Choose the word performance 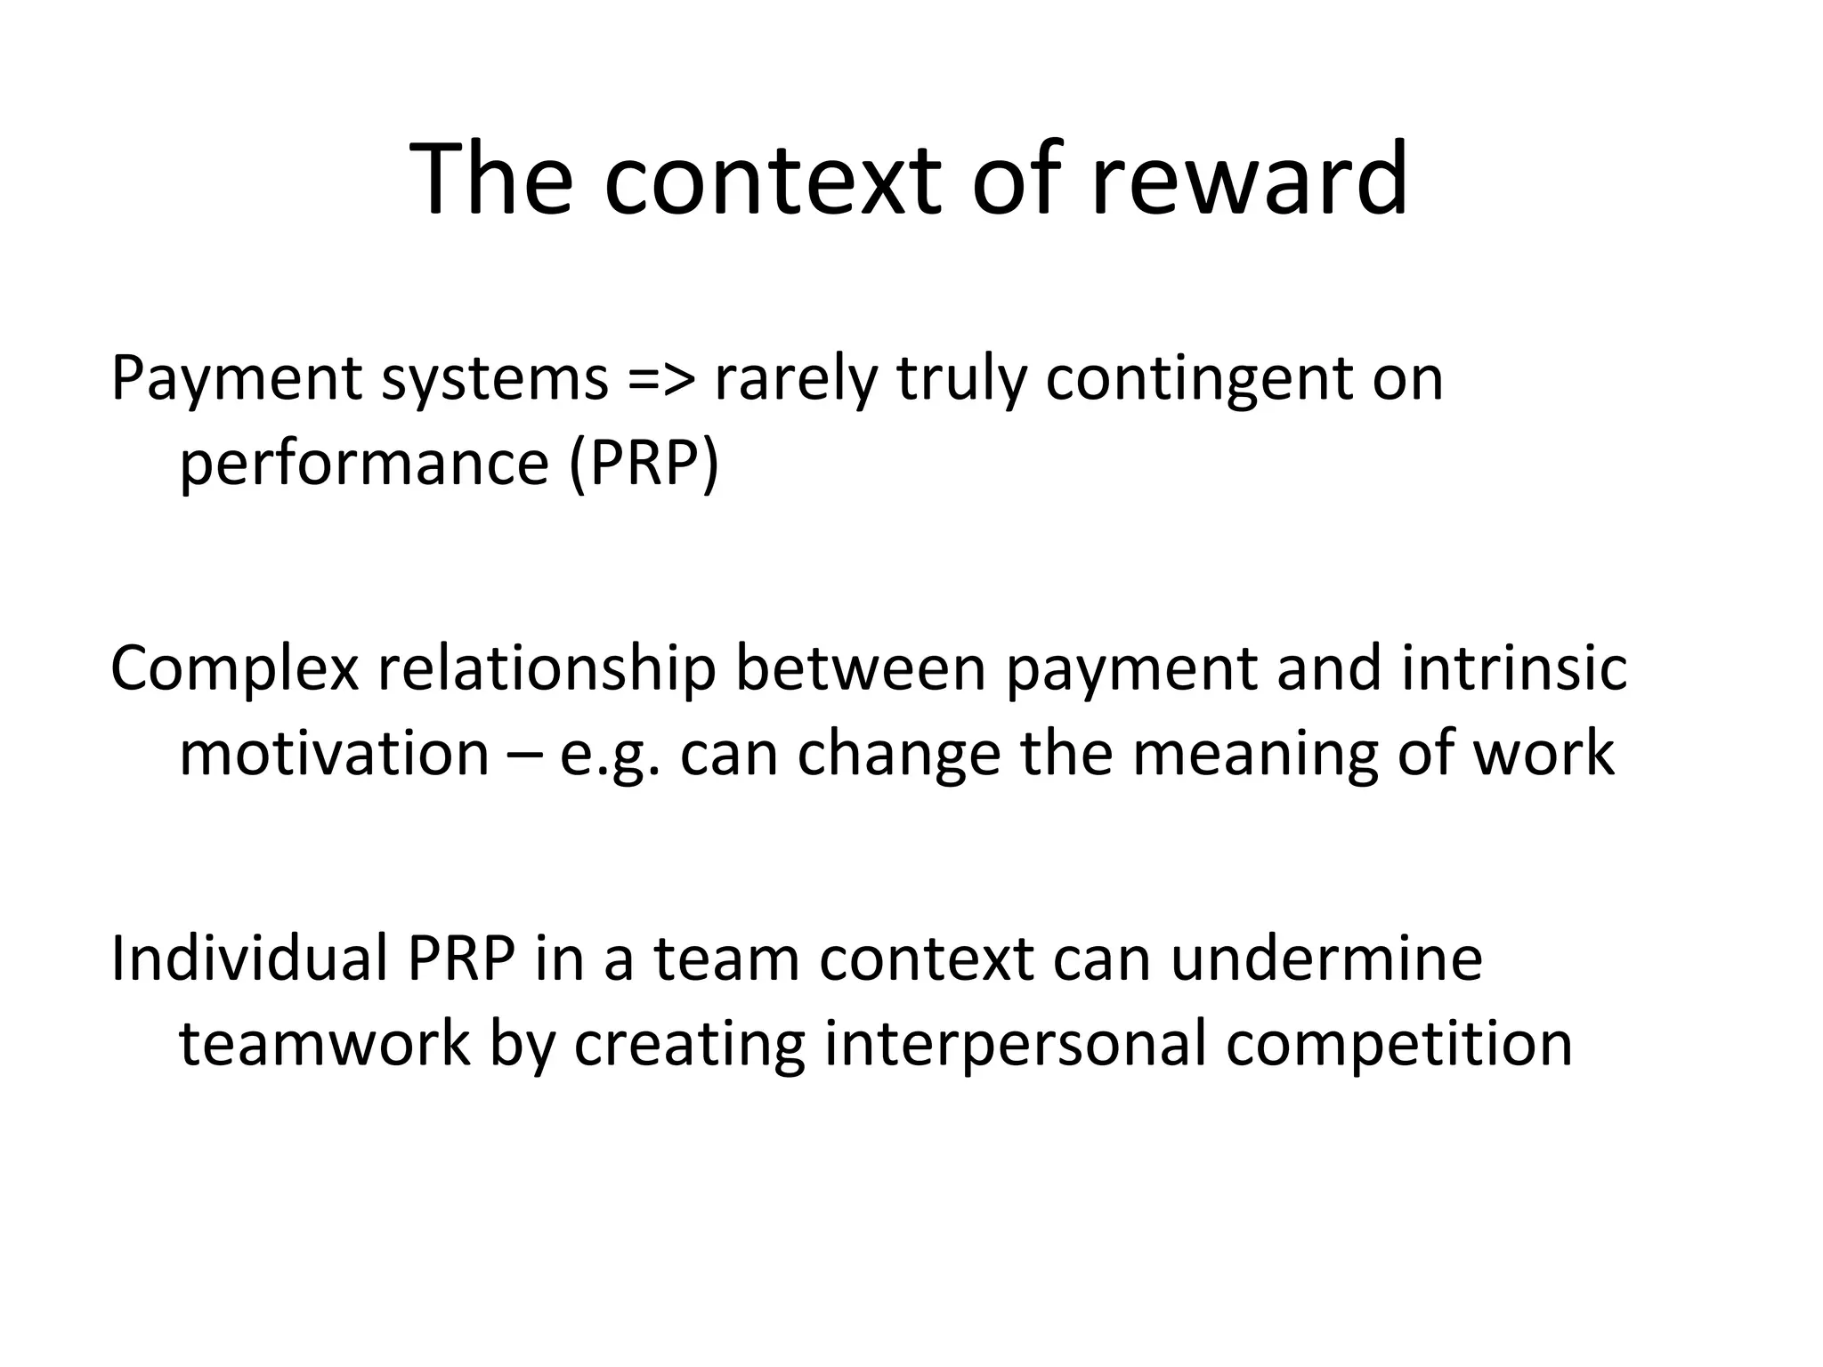point(364,465)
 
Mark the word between point(860,667)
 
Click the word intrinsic point(1514,667)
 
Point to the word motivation point(334,753)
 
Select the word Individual point(249,959)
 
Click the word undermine point(1326,959)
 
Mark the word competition point(1398,1045)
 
